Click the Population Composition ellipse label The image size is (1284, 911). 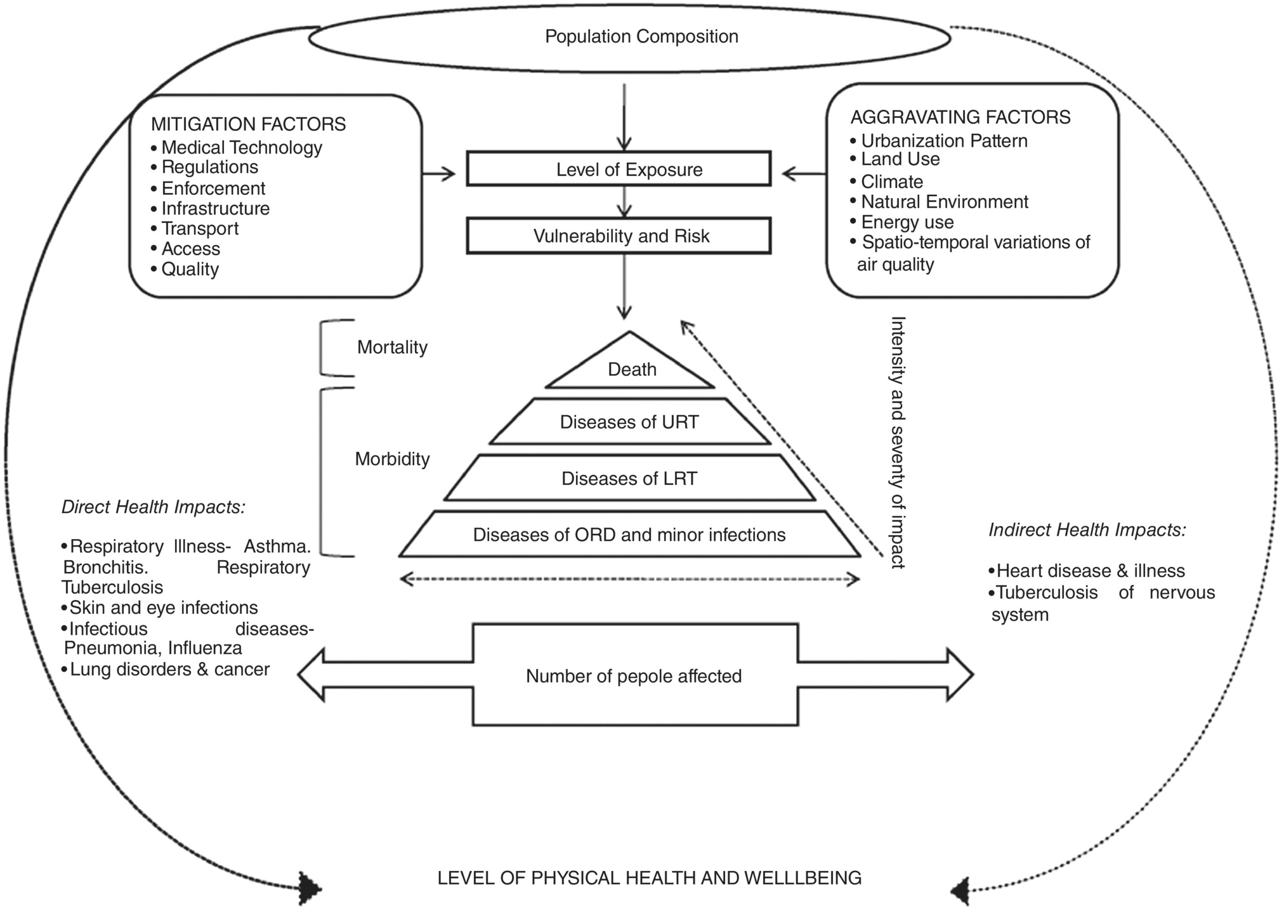(x=641, y=37)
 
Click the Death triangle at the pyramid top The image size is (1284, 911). (x=631, y=369)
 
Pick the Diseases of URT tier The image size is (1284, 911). (x=629, y=422)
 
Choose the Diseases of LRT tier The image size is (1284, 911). (x=629, y=478)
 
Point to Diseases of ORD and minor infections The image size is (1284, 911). (x=629, y=535)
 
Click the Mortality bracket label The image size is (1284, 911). (x=392, y=347)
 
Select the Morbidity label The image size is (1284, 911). (x=392, y=459)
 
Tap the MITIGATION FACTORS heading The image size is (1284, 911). (x=248, y=124)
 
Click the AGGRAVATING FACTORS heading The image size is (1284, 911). (x=960, y=117)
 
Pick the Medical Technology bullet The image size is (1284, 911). (x=241, y=147)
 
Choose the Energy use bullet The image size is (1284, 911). (x=907, y=222)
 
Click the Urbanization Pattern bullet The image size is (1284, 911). (x=943, y=141)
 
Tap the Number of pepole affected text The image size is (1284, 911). (x=633, y=676)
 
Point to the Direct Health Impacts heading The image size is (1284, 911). (x=153, y=507)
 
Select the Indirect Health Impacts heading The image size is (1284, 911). (x=1087, y=529)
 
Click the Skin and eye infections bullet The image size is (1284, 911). (x=163, y=608)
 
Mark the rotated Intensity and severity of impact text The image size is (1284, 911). (x=898, y=442)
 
